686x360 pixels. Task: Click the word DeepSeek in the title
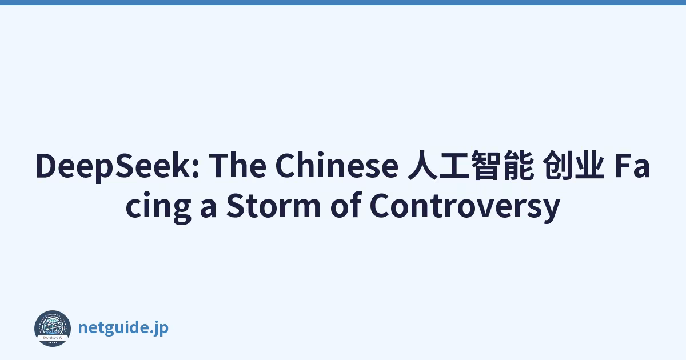click(118, 166)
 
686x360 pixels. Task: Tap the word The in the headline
click(237, 165)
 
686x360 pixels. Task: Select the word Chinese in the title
click(337, 165)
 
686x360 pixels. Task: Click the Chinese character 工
click(454, 165)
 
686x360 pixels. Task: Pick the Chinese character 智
click(486, 165)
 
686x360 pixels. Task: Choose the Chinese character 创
click(557, 165)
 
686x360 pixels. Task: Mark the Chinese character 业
click(589, 165)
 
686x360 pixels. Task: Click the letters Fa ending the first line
click(632, 166)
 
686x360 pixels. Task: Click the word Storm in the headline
click(273, 205)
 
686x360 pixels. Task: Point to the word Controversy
click(465, 206)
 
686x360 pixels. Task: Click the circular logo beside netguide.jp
click(53, 328)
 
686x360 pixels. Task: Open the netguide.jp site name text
click(123, 328)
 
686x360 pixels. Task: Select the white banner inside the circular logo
click(53, 337)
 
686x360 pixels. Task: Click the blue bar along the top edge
click(343, 2)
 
